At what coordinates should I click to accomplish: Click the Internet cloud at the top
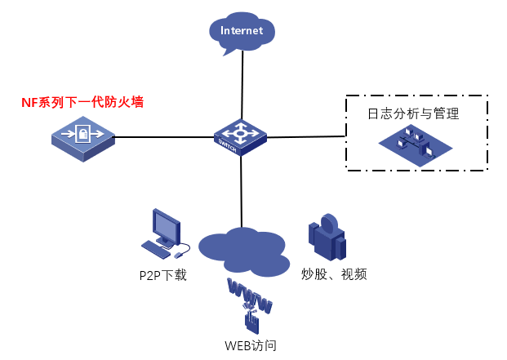pyautogui.click(x=242, y=33)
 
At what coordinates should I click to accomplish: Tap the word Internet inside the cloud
pyautogui.click(x=242, y=31)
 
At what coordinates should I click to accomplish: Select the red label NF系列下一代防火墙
pyautogui.click(x=87, y=103)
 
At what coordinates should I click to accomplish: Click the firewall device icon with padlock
pyautogui.click(x=82, y=136)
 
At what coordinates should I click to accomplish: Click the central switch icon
pyautogui.click(x=240, y=136)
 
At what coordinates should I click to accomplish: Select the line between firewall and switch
pyautogui.click(x=163, y=136)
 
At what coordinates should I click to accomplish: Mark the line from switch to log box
pyautogui.click(x=306, y=136)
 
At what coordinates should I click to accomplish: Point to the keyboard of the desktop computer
pyautogui.click(x=155, y=247)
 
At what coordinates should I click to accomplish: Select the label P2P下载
pyautogui.click(x=163, y=275)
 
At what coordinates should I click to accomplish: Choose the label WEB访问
pyautogui.click(x=251, y=345)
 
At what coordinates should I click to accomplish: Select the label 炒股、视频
pyautogui.click(x=334, y=274)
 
